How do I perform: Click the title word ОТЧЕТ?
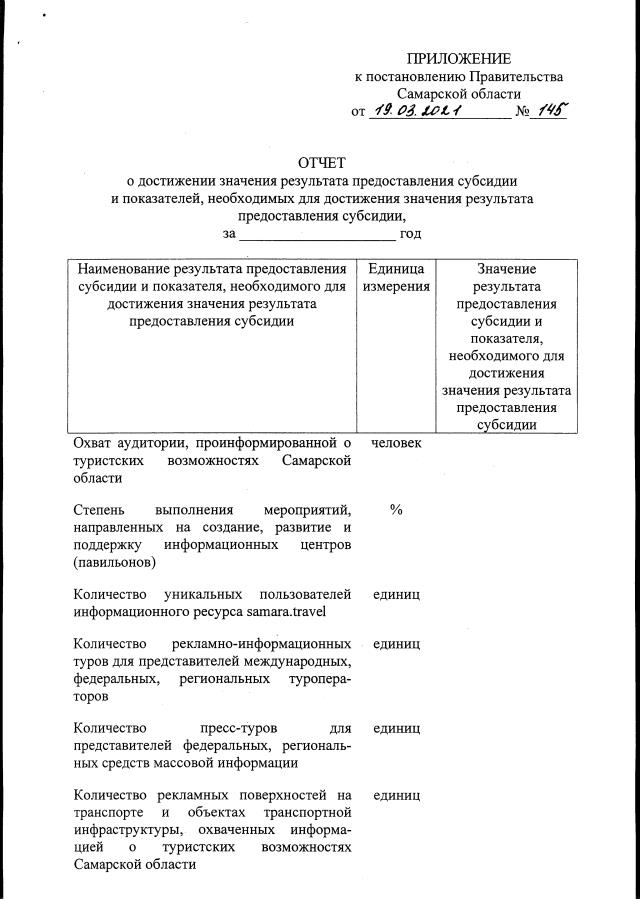tap(321, 163)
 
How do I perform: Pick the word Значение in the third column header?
tap(506, 269)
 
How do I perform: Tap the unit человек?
tap(396, 443)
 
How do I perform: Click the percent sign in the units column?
tap(396, 509)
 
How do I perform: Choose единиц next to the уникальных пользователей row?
tap(396, 594)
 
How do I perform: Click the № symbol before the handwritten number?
tap(521, 112)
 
